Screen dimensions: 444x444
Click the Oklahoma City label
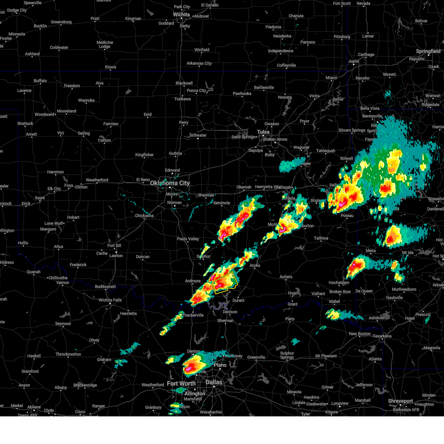click(x=169, y=183)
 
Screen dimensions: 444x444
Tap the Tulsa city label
click(x=263, y=132)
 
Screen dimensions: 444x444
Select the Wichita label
click(x=181, y=15)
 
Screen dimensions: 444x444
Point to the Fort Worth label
click(x=181, y=384)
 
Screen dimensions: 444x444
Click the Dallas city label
click(x=214, y=382)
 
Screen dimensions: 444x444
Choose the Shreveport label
click(x=400, y=401)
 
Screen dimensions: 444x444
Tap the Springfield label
click(x=428, y=51)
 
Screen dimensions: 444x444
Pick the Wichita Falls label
click(x=110, y=300)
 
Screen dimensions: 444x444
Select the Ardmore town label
click(x=193, y=281)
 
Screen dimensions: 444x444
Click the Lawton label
click(x=116, y=256)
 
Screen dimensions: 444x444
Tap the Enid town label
click(x=148, y=114)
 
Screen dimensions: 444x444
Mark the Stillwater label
click(x=198, y=135)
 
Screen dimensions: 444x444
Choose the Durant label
click(x=238, y=300)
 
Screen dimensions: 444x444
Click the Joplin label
click(x=354, y=61)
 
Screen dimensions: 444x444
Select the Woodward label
click(x=44, y=114)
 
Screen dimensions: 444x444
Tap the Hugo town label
click(x=293, y=293)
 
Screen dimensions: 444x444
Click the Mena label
click(x=370, y=251)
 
